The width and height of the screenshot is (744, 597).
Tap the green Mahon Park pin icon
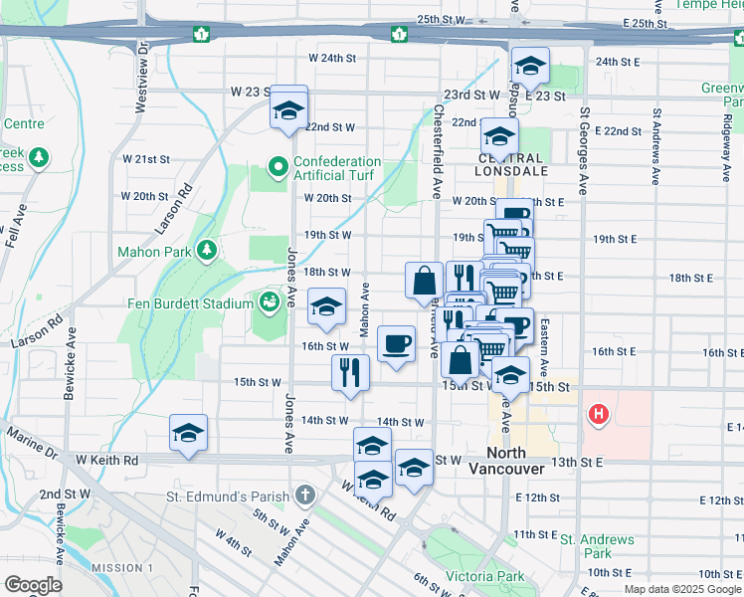[x=206, y=249]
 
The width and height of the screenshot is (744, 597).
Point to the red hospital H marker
[x=598, y=414]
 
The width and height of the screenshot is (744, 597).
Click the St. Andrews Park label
[x=597, y=546]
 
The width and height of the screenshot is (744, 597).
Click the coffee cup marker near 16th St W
[x=396, y=344]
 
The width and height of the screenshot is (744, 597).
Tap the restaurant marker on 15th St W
[x=350, y=371]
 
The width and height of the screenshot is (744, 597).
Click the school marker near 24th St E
[x=530, y=67]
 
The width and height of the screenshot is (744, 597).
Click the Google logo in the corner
[x=33, y=585]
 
